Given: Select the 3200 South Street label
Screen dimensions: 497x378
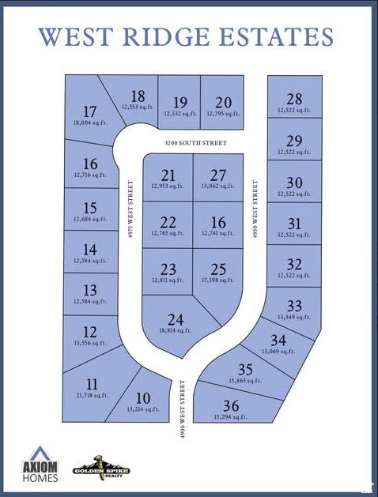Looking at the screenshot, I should coord(195,143).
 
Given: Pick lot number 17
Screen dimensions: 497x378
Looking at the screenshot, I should coord(89,111).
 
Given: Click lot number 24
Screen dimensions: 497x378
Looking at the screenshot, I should coord(176,320).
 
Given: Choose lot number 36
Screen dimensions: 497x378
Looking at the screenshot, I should coord(231,405).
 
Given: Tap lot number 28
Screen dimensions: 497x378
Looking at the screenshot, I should coord(294,99).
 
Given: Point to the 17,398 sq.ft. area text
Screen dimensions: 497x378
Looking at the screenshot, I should coord(217,280).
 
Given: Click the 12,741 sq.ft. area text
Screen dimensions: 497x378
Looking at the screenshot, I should coord(217,233).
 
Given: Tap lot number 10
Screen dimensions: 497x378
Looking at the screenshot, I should coord(143,397).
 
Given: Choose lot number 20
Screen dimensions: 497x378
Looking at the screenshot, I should coord(224,102).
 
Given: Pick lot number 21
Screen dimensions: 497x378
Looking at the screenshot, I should coord(168,175).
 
